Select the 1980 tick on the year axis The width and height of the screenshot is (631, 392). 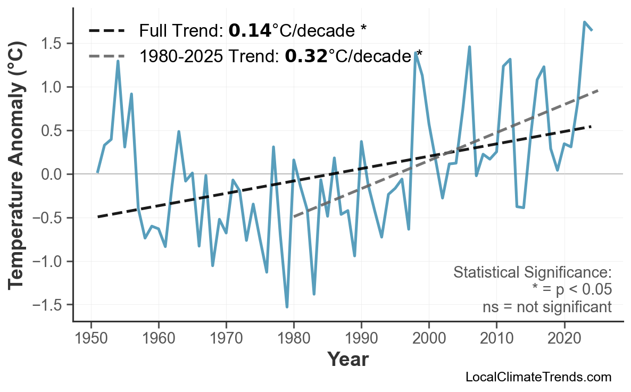pyautogui.click(x=294, y=339)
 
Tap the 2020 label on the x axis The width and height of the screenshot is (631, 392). pyautogui.click(x=564, y=339)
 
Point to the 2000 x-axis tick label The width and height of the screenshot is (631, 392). pyautogui.click(x=429, y=339)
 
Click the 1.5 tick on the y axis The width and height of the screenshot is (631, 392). pyautogui.click(x=54, y=43)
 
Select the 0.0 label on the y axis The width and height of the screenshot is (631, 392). pyautogui.click(x=54, y=174)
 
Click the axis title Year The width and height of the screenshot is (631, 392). pyautogui.click(x=347, y=360)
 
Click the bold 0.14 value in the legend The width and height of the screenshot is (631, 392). pyautogui.click(x=250, y=31)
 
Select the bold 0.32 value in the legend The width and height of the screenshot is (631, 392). pyautogui.click(x=306, y=55)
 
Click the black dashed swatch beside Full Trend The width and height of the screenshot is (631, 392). pyautogui.click(x=106, y=31)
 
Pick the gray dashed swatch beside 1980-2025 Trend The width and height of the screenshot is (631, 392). pyautogui.click(x=106, y=55)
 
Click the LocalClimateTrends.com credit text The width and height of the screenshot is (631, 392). pyautogui.click(x=538, y=377)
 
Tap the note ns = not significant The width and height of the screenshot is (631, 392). pyautogui.click(x=547, y=307)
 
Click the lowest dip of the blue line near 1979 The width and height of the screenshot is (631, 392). pyautogui.click(x=287, y=307)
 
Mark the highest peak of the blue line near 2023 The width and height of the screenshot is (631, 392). pyautogui.click(x=584, y=22)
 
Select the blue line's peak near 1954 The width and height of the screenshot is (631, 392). pyautogui.click(x=118, y=61)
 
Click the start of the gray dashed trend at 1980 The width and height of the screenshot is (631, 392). pyautogui.click(x=294, y=217)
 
